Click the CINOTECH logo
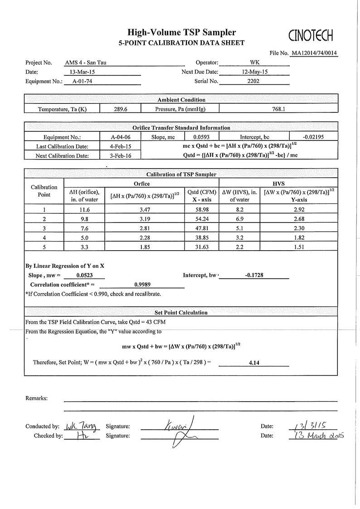coord(311,34)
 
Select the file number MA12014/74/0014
coord(315,53)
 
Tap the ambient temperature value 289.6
coord(120,109)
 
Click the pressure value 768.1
coord(278,109)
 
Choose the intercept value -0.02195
coord(313,136)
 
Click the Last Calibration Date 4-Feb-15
coord(120,146)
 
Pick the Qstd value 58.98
coord(201,210)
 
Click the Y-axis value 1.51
coord(298,247)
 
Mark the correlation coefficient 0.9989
coord(142,284)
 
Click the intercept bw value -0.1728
coord(254,275)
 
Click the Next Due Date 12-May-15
coord(254,72)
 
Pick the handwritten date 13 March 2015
coord(316,436)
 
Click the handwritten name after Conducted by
coord(81,426)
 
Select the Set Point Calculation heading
coord(181,312)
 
